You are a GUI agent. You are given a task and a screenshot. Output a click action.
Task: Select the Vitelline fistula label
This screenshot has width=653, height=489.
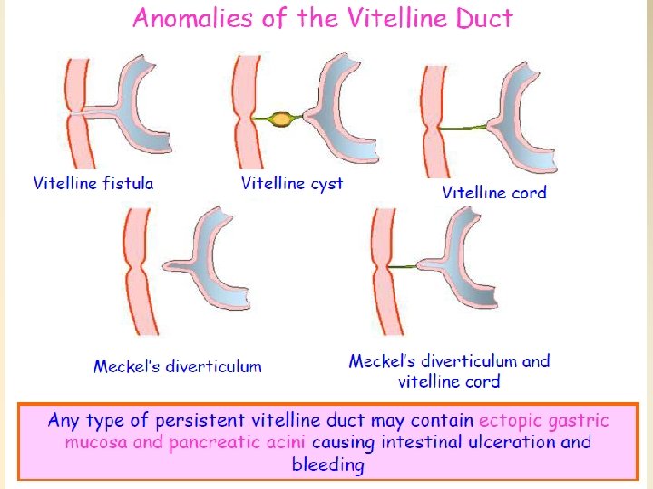tap(93, 183)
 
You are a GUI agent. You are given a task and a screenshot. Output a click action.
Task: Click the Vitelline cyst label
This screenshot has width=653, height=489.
tap(292, 183)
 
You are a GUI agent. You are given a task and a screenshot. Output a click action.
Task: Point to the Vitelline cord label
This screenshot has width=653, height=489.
tap(494, 192)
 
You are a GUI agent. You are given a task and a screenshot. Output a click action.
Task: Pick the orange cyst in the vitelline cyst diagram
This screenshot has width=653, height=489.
tap(282, 119)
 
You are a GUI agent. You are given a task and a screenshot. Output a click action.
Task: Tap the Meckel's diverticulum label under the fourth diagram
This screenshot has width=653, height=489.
tap(178, 367)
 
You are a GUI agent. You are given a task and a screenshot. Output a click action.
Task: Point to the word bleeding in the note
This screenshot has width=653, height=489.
tap(327, 465)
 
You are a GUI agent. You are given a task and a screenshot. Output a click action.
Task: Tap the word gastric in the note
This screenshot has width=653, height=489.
tap(580, 420)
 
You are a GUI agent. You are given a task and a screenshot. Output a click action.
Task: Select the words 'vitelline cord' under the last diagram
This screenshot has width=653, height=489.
tap(449, 381)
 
